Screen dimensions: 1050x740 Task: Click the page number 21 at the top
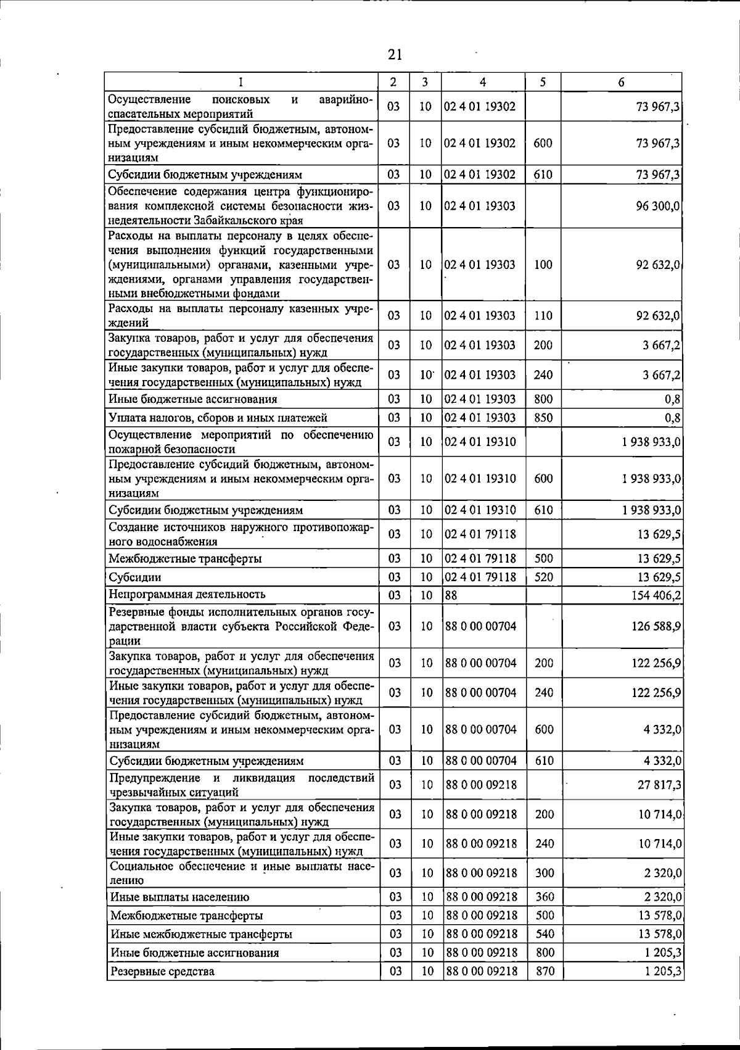coord(395,55)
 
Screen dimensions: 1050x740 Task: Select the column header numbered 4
coord(483,82)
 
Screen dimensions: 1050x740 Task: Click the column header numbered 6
coord(621,82)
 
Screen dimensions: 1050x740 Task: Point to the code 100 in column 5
coord(543,265)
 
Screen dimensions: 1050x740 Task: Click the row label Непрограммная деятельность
coord(187,594)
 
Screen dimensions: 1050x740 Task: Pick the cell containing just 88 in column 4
coord(451,595)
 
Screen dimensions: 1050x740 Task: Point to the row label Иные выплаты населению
coord(179,897)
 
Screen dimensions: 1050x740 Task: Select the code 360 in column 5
coord(545,896)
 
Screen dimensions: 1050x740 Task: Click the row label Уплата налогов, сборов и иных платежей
coord(218,418)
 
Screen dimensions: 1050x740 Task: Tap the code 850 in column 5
coord(543,418)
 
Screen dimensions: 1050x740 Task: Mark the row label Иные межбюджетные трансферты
coord(201,934)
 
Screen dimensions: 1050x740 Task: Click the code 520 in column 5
coord(544,577)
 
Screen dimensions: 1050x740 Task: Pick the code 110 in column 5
coord(543,316)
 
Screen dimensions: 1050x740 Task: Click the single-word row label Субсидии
coord(135,577)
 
